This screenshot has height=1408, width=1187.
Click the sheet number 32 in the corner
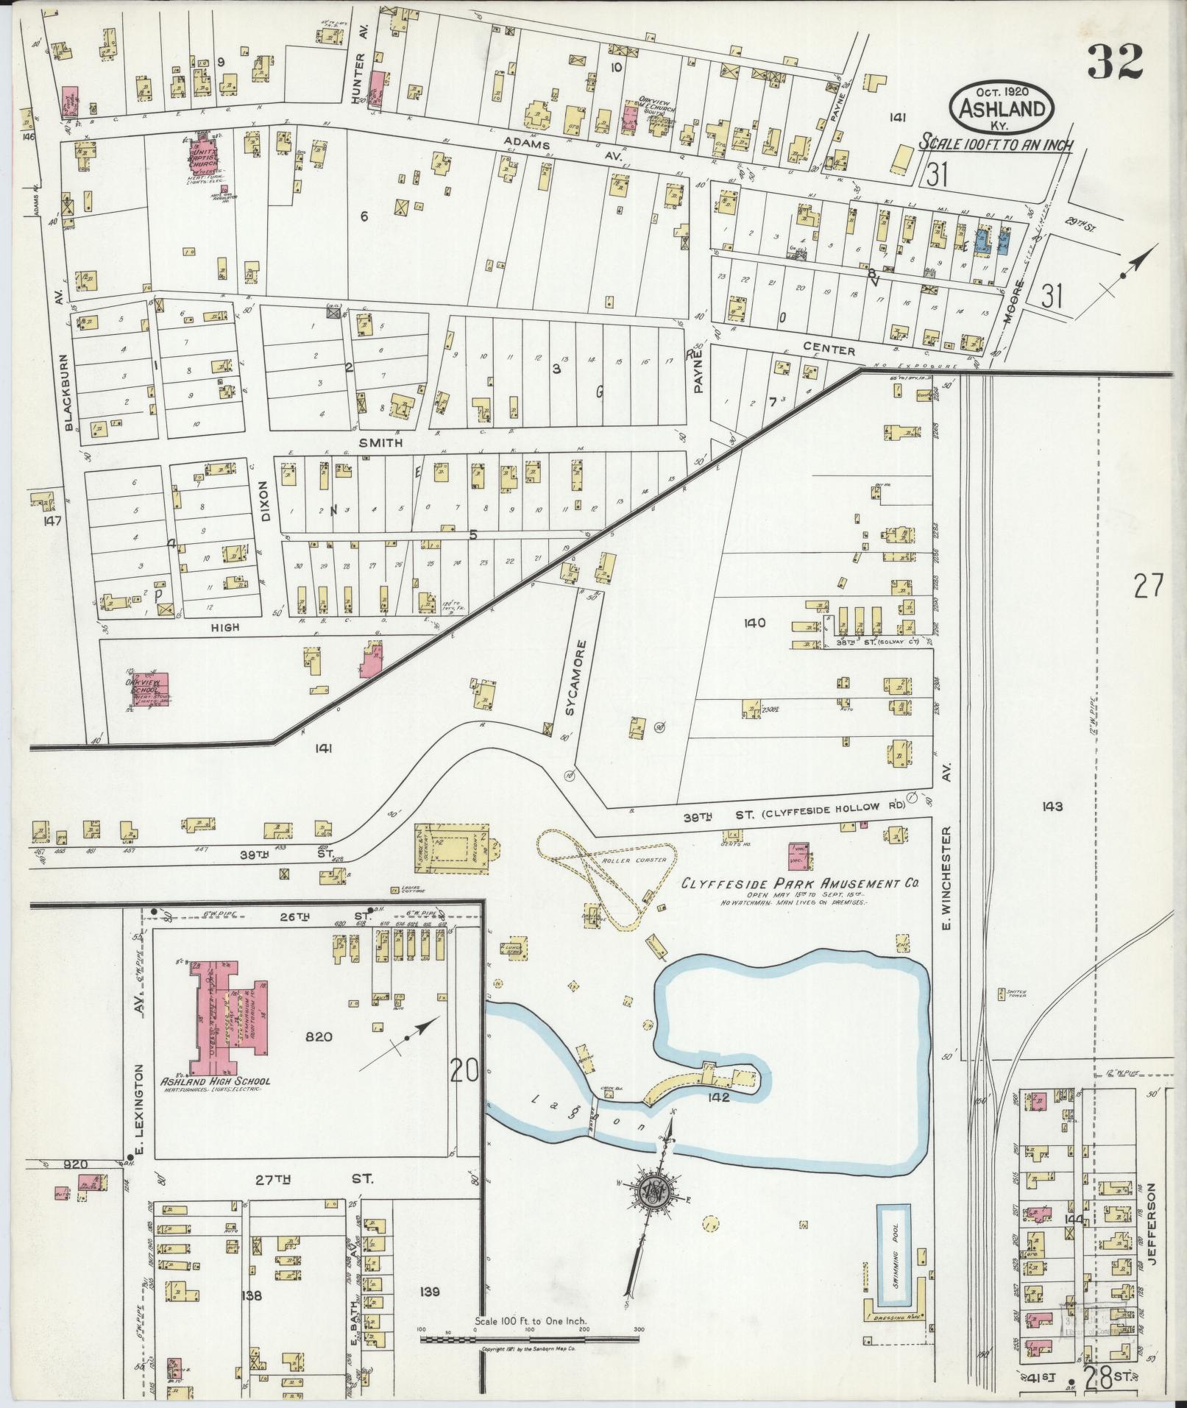pos(1114,62)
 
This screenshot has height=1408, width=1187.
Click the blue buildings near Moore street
pos(993,241)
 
